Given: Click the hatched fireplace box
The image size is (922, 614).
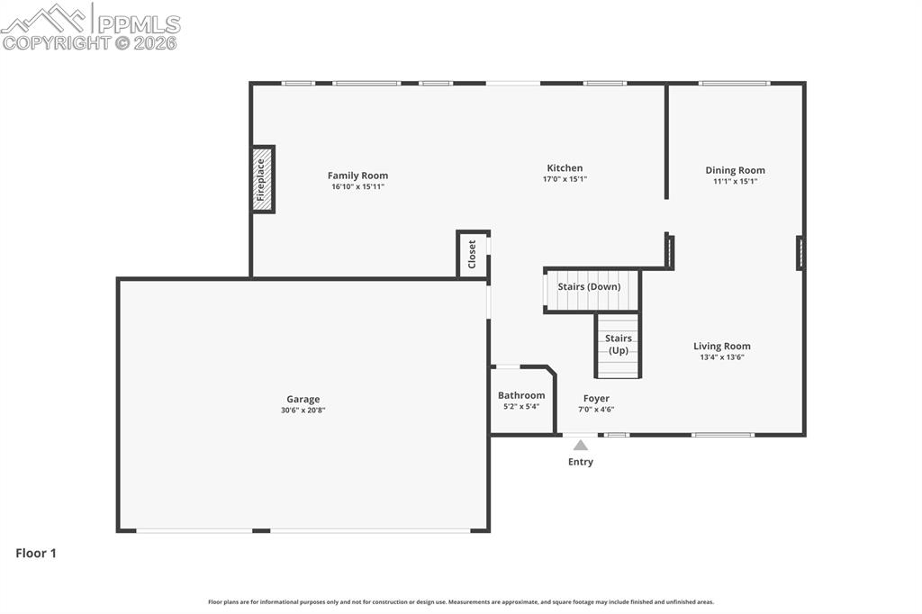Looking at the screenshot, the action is [263, 179].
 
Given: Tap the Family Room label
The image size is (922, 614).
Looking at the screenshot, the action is [357, 176].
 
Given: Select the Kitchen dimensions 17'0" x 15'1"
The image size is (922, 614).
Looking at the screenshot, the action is [565, 179].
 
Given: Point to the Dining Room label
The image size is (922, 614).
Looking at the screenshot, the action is [735, 170].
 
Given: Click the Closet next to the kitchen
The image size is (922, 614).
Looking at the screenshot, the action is [472, 254].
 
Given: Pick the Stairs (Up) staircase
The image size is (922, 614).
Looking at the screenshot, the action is [618, 345].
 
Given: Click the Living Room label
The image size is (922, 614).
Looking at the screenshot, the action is [721, 347].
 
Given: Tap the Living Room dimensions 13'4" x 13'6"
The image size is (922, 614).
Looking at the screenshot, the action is [722, 357].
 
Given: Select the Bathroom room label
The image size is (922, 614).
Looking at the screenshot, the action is [521, 395].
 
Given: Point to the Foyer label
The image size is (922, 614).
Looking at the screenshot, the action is [596, 398].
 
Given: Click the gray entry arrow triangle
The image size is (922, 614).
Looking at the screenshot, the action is [581, 446].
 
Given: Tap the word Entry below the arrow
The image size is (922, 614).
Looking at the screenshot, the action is [581, 462].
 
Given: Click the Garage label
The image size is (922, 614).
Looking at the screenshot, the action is [303, 400].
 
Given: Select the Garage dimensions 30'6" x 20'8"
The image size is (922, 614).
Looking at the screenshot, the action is [303, 410].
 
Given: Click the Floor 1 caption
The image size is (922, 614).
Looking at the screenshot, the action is [36, 553].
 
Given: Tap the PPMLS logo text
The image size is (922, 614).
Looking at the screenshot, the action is [139, 24].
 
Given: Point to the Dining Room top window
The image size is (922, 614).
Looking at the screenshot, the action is [734, 84].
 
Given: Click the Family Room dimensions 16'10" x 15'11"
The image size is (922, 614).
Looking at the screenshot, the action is [357, 186].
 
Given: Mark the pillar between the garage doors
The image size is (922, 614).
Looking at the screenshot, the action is [261, 530].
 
